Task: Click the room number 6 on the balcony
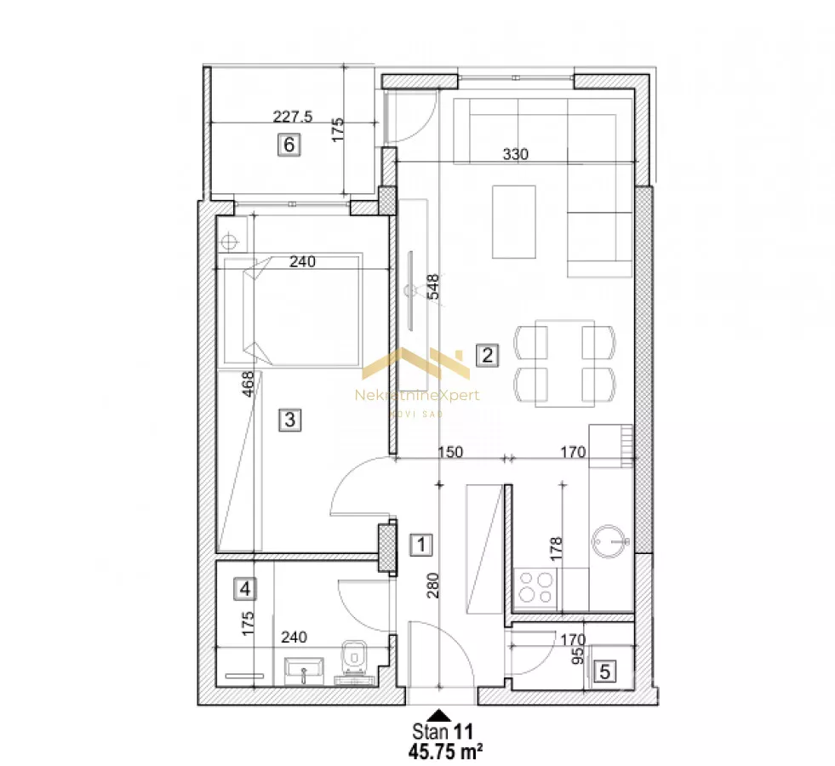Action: [x=289, y=145]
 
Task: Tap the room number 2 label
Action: [x=487, y=355]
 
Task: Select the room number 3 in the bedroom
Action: [x=290, y=420]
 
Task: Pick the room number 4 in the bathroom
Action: [x=245, y=589]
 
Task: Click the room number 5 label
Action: [x=605, y=672]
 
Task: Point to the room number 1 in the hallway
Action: [x=421, y=545]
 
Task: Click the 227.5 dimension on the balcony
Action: [x=292, y=117]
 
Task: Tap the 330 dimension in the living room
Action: [x=516, y=154]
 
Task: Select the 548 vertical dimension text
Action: [x=434, y=286]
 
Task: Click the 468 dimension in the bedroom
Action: [x=249, y=384]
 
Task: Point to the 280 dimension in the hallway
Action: [x=433, y=585]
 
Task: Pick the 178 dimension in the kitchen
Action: [x=556, y=549]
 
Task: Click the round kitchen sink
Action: [x=609, y=541]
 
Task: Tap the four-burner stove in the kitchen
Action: [x=535, y=587]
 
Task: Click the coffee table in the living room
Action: [x=514, y=222]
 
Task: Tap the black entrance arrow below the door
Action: [x=439, y=715]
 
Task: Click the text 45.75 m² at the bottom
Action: [x=446, y=751]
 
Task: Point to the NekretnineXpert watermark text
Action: [x=417, y=395]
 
